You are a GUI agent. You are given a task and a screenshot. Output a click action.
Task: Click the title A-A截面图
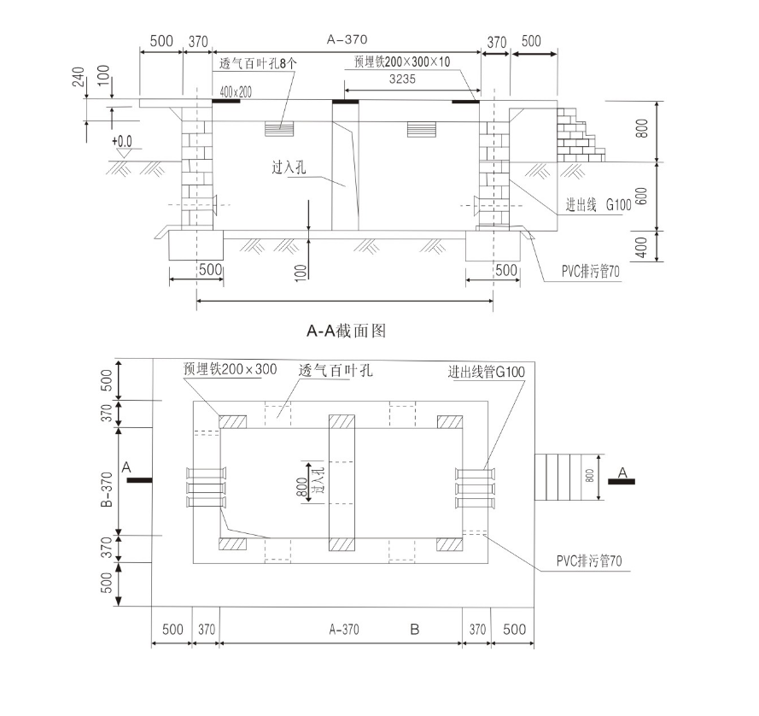click(346, 331)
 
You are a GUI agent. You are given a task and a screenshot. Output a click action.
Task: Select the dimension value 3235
click(402, 79)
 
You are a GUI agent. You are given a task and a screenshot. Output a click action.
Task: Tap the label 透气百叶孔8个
click(258, 63)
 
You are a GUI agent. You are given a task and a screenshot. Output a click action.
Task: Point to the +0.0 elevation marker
click(122, 141)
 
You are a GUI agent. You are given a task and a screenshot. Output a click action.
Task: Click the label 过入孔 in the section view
click(289, 167)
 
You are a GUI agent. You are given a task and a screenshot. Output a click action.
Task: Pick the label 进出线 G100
click(598, 205)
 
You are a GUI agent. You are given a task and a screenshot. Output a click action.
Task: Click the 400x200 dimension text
click(236, 92)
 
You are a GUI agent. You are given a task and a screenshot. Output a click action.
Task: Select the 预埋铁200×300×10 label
click(402, 62)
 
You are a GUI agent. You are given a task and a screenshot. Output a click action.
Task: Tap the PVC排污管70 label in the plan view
click(589, 561)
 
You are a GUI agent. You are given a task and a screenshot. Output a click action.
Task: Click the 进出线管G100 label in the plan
click(487, 372)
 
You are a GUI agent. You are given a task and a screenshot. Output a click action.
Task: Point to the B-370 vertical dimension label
click(107, 490)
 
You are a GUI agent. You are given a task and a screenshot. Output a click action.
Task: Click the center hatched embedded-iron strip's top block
click(342, 421)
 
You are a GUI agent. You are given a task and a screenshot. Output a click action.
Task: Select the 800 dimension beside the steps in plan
click(590, 476)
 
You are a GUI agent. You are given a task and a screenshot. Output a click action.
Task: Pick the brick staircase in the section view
click(581, 134)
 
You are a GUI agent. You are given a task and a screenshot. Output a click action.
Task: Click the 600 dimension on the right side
click(641, 197)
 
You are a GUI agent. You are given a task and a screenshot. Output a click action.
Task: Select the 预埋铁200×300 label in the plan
click(230, 369)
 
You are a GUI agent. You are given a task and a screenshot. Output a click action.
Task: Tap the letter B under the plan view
click(415, 630)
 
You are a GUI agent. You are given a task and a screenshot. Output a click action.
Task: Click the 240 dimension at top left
click(79, 77)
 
